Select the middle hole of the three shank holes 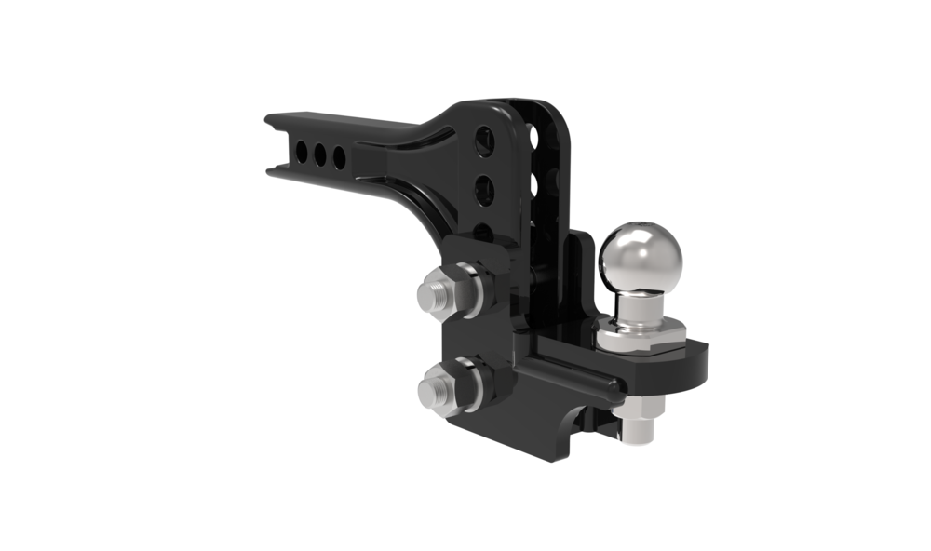click(x=321, y=153)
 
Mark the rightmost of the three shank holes click(x=340, y=155)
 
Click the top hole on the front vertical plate click(x=482, y=141)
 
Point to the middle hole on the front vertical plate click(x=484, y=191)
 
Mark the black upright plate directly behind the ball click(x=582, y=279)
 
